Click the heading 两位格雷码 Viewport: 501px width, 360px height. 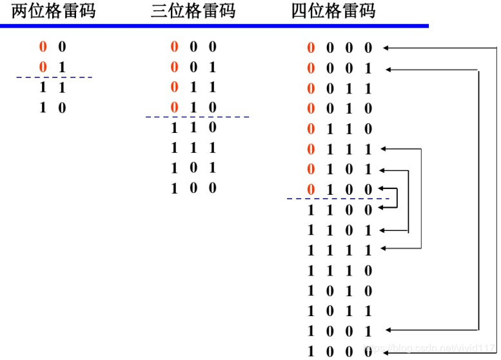coord(53,12)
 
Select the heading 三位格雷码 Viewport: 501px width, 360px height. coord(193,12)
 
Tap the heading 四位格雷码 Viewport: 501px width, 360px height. coord(333,12)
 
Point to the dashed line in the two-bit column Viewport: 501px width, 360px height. coord(54,77)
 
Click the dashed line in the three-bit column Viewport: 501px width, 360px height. coord(197,117)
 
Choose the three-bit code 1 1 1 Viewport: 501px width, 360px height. coord(193,148)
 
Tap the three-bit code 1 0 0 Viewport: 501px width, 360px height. coord(193,188)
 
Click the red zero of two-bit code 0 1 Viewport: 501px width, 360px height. coord(43,66)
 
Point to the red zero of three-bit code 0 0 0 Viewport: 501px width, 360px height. coord(174,47)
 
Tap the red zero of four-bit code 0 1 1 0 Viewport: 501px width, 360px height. coord(311,129)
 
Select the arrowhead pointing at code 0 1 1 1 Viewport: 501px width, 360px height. coord(384,149)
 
